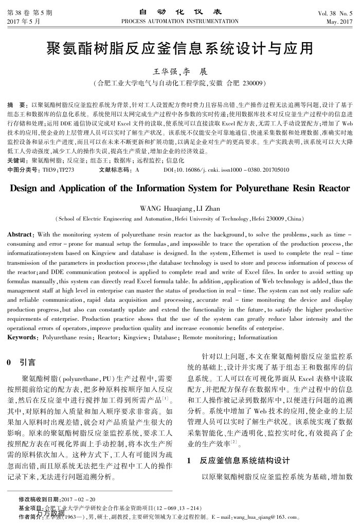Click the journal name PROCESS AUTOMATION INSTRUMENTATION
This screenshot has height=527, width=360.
(x=179, y=21)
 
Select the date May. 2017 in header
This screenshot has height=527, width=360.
(x=339, y=22)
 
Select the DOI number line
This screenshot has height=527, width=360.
(x=225, y=169)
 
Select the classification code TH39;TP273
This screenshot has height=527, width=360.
(x=58, y=169)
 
